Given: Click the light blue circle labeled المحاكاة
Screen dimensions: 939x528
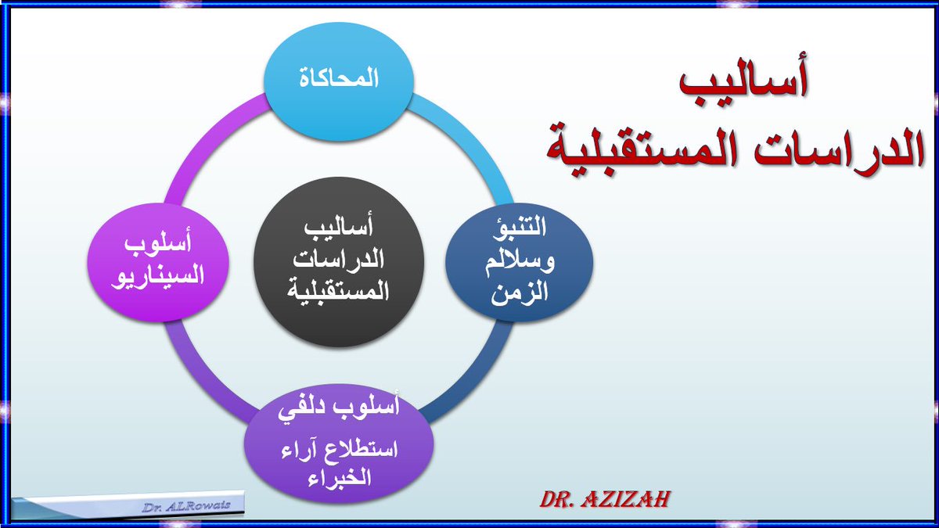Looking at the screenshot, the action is [x=339, y=81].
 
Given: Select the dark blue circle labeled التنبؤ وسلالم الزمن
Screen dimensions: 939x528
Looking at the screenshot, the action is [x=519, y=263].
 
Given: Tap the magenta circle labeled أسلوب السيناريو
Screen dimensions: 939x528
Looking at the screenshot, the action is [x=158, y=263].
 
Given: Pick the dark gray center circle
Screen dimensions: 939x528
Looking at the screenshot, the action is [x=339, y=262].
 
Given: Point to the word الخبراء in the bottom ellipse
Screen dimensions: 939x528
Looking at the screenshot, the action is [x=339, y=479].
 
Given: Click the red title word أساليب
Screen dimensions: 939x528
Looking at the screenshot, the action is [x=743, y=79].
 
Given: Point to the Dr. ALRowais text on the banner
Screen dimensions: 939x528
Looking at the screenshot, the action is [x=186, y=507].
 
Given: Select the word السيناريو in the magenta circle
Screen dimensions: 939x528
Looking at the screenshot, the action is [x=157, y=277].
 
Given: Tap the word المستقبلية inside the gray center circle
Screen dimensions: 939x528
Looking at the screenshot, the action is [x=338, y=290].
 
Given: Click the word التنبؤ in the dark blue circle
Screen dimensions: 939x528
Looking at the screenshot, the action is [x=520, y=227].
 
